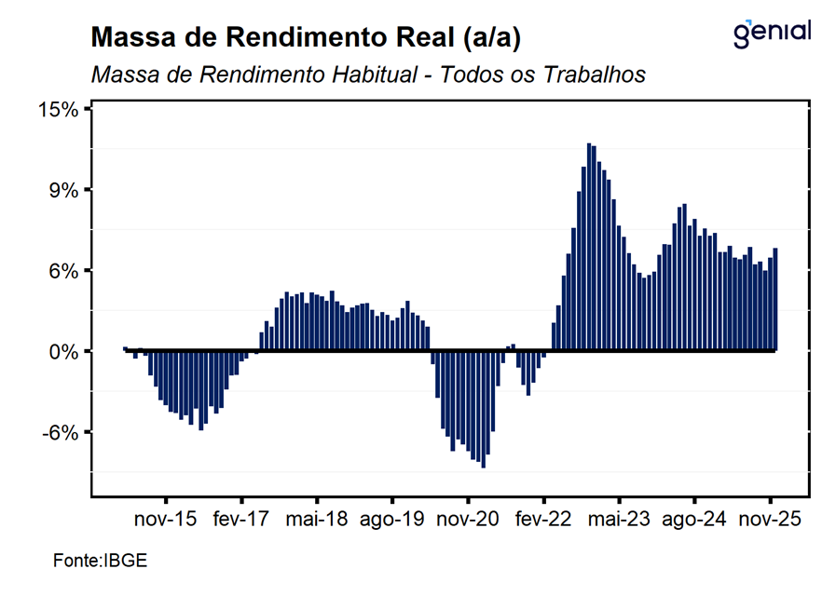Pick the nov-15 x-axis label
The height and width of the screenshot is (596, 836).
[166, 520]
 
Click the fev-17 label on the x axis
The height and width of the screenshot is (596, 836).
[241, 520]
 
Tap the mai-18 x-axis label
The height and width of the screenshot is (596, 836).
[317, 520]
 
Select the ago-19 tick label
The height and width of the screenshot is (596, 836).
[392, 520]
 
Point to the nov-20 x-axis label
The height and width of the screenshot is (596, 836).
[468, 520]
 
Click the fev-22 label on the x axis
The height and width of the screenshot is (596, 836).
[543, 520]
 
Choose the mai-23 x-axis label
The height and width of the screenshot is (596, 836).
[619, 520]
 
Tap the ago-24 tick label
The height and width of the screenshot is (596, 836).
[694, 520]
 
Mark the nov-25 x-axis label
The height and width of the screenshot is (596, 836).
[770, 520]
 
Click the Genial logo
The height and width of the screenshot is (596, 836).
[773, 32]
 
